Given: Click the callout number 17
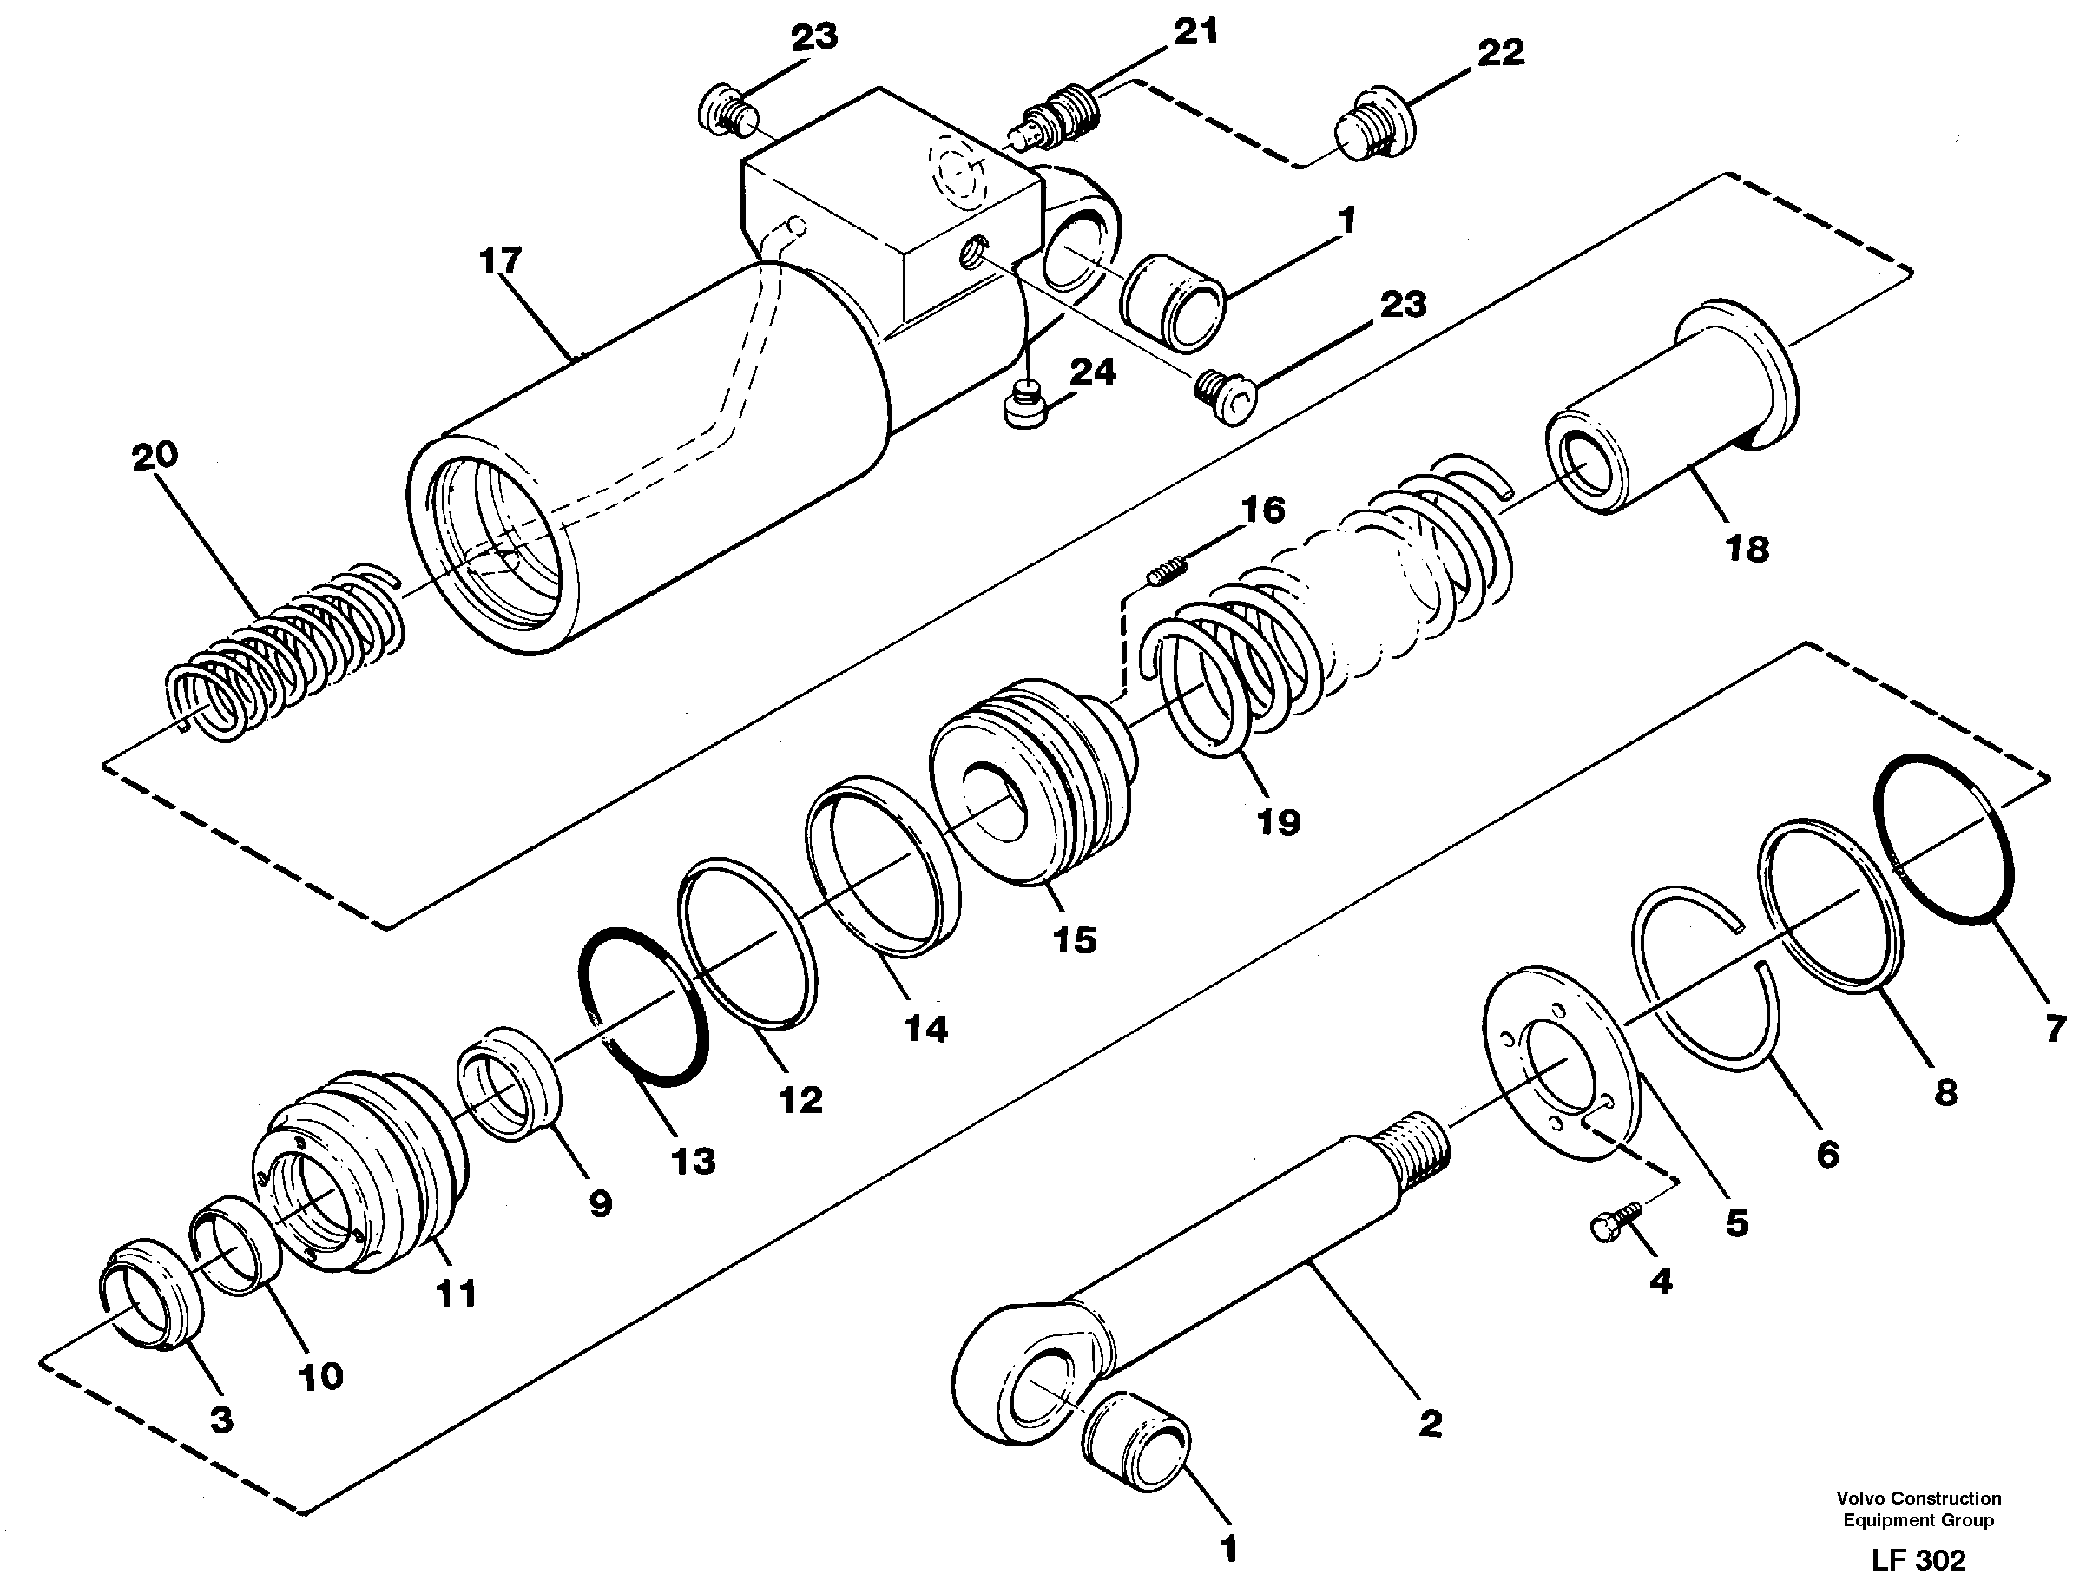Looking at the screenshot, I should [x=501, y=260].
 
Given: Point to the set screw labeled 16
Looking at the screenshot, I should [x=1168, y=570].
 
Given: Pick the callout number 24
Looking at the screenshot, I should [x=1092, y=372].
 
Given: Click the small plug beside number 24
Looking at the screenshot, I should [x=1023, y=405].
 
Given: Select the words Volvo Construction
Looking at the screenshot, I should [x=1918, y=1498].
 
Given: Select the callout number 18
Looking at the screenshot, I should [x=1747, y=549].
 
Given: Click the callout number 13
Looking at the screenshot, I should [x=693, y=1161].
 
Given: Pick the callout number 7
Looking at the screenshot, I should [x=2054, y=1028].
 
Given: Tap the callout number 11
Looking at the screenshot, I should [x=456, y=1292].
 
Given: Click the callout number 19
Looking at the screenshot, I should [x=1278, y=821].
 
